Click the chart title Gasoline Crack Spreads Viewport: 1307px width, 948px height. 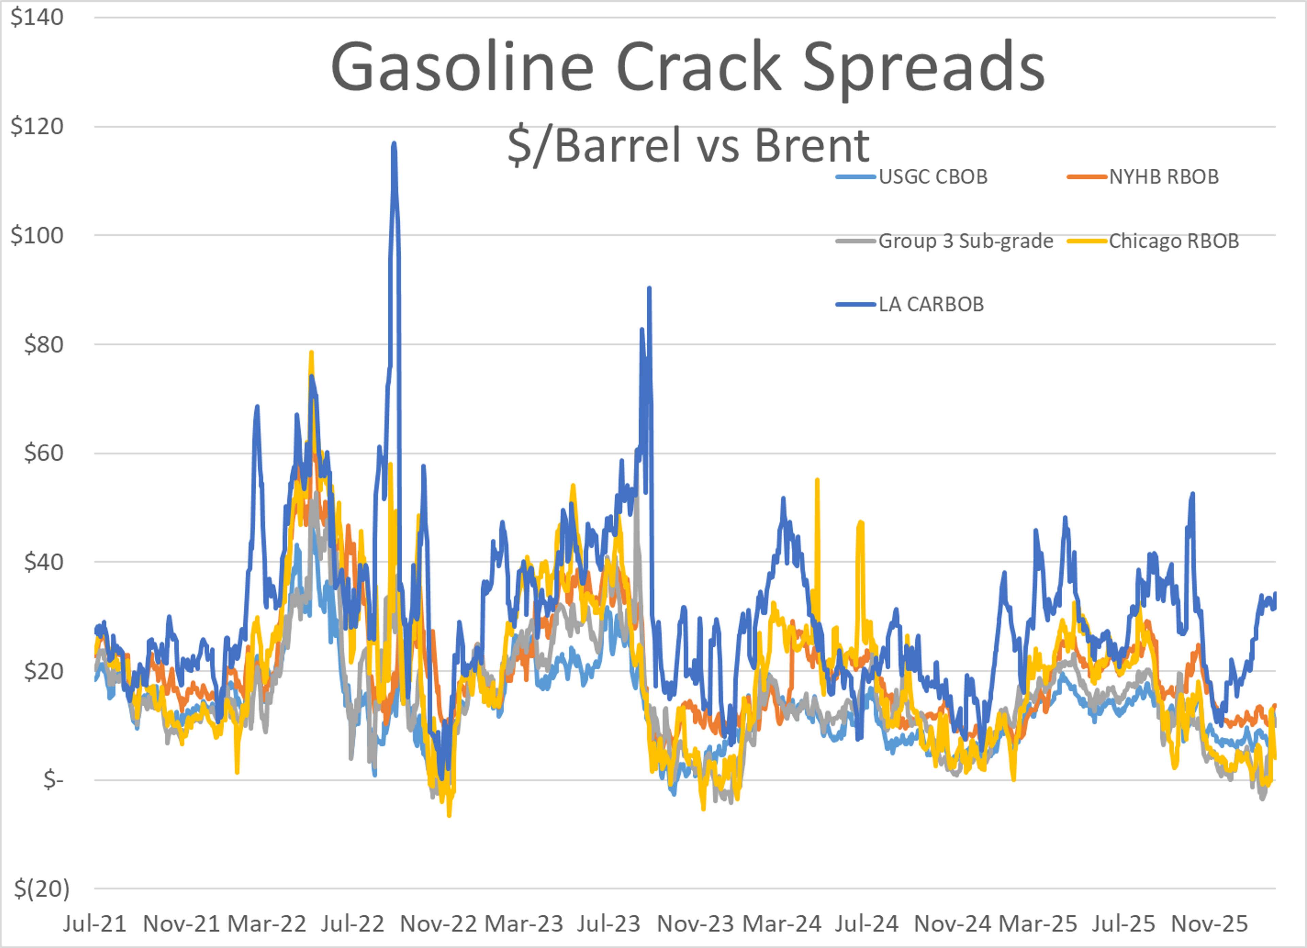[688, 66]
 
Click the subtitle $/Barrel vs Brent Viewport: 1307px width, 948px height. [688, 145]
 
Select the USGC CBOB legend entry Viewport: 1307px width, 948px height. [932, 177]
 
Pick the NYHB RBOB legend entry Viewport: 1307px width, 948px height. [1163, 177]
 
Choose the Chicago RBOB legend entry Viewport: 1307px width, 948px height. [1173, 241]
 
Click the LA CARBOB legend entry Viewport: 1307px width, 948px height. [930, 304]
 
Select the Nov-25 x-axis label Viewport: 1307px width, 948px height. [1209, 924]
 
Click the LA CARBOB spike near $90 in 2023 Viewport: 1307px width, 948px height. [649, 288]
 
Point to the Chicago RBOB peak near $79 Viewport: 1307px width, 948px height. [311, 353]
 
